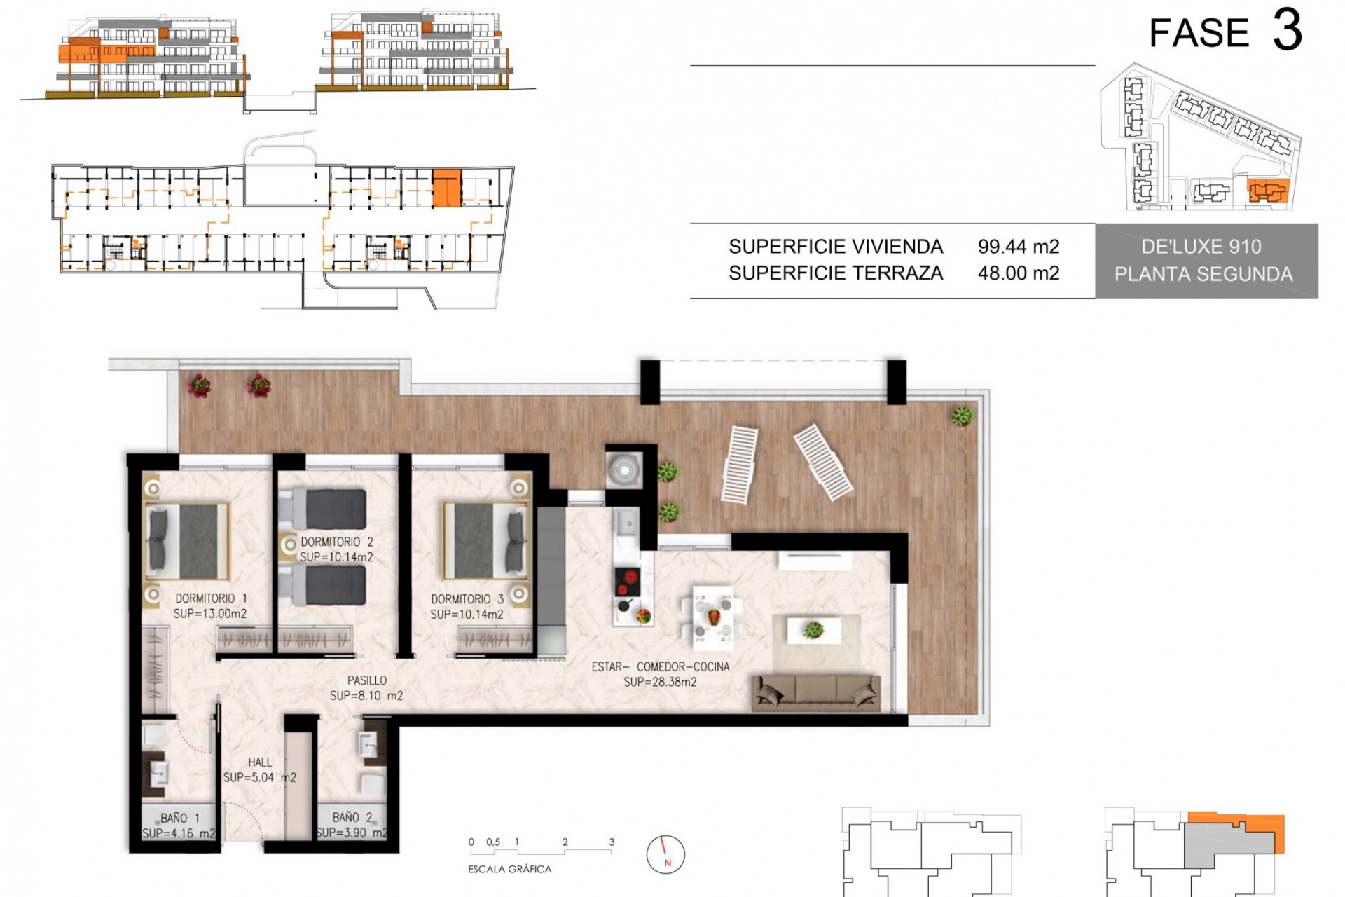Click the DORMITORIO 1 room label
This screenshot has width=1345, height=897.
pyautogui.click(x=210, y=598)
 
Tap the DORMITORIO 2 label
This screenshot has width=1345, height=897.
pyautogui.click(x=337, y=542)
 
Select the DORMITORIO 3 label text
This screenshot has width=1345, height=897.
pyautogui.click(x=467, y=599)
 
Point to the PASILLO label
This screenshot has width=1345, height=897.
pyautogui.click(x=367, y=680)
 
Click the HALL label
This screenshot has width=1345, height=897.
pyautogui.click(x=260, y=762)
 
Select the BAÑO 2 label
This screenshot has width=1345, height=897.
pyautogui.click(x=352, y=817)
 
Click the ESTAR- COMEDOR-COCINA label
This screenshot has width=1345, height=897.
pyautogui.click(x=661, y=667)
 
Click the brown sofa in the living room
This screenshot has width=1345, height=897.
pyautogui.click(x=816, y=692)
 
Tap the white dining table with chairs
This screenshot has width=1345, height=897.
pyautogui.click(x=712, y=615)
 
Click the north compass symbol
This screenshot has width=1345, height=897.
pyautogui.click(x=665, y=854)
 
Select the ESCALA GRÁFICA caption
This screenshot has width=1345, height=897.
pyautogui.click(x=509, y=869)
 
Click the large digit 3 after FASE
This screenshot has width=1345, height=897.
pyautogui.click(x=1288, y=32)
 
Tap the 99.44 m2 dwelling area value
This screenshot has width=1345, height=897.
pyautogui.click(x=1019, y=247)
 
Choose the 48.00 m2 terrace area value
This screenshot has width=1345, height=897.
pyautogui.click(x=1019, y=273)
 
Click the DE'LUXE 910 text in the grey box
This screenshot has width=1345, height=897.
pyautogui.click(x=1201, y=247)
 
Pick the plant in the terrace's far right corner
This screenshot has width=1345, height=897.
pyautogui.click(x=963, y=416)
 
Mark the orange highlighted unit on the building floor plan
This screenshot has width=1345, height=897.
pyautogui.click(x=446, y=188)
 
